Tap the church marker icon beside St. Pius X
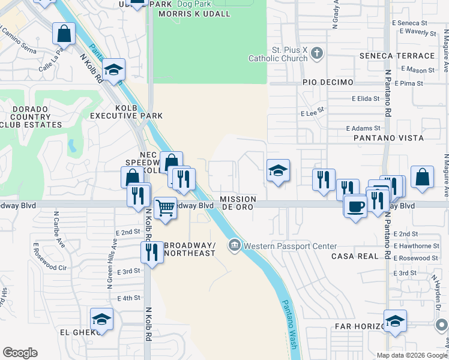coord(318,54)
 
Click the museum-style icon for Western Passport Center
coord(234,245)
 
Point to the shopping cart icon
coord(166,208)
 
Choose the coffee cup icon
coord(355,206)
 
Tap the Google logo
coord(20,353)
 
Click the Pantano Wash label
coord(290,324)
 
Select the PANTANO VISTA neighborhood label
coord(388,138)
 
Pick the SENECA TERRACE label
coord(397,56)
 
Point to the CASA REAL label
coord(355,256)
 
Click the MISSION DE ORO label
coord(238,202)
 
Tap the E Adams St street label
coord(364,128)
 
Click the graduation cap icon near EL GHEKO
coord(102,319)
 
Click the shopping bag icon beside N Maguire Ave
coord(423,178)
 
